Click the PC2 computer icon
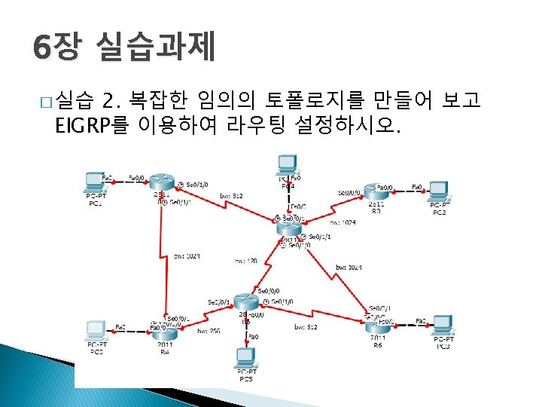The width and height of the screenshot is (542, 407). (438, 190)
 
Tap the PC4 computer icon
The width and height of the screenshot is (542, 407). (286, 164)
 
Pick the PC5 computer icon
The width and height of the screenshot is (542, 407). (245, 356)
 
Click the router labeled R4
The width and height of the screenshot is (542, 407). (164, 332)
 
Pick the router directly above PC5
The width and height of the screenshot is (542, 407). (245, 302)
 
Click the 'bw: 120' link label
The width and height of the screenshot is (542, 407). (245, 260)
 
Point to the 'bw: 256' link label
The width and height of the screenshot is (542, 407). (209, 330)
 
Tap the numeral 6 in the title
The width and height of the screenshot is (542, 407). (42, 49)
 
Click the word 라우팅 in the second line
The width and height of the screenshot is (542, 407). (258, 125)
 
